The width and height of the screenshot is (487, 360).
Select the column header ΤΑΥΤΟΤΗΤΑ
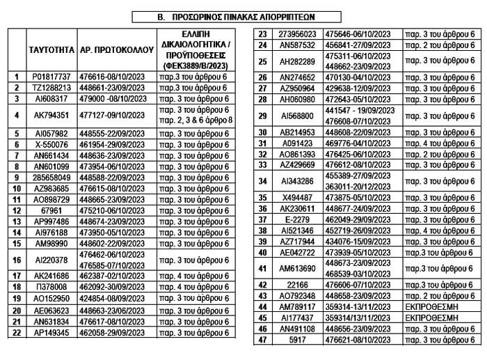tap(51, 50)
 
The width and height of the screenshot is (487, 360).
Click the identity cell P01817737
tap(51, 77)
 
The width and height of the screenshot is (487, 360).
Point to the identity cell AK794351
tap(51, 116)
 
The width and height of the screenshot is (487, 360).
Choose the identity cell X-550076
tap(51, 143)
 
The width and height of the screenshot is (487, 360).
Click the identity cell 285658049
tap(51, 177)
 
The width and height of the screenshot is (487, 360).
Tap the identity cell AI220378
tap(51, 260)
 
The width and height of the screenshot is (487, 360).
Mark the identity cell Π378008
tap(51, 288)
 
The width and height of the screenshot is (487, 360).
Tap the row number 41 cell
tap(262, 268)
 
